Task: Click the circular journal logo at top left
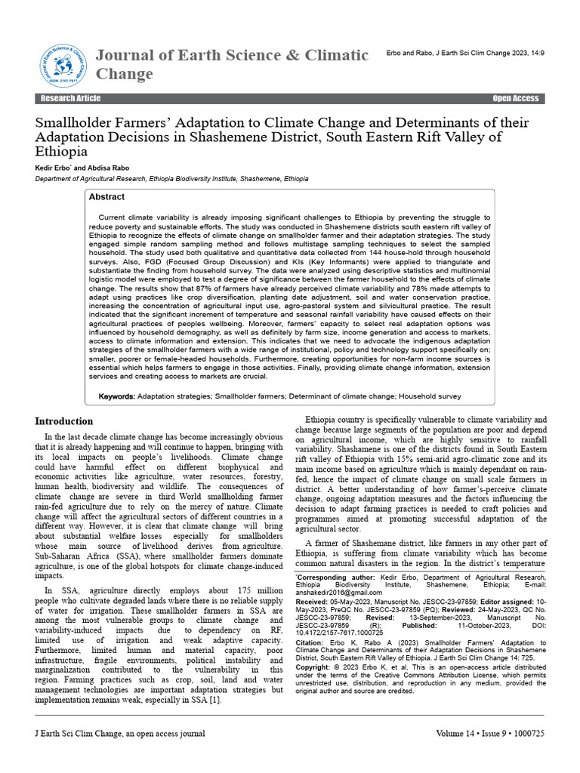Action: click(x=63, y=64)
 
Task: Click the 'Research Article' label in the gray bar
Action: click(x=70, y=99)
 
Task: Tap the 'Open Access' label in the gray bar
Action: click(x=515, y=99)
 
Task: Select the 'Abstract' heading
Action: click(x=107, y=197)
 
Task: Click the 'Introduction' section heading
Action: click(x=65, y=421)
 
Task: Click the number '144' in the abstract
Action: click(x=347, y=253)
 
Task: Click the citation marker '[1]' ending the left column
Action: click(x=214, y=701)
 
